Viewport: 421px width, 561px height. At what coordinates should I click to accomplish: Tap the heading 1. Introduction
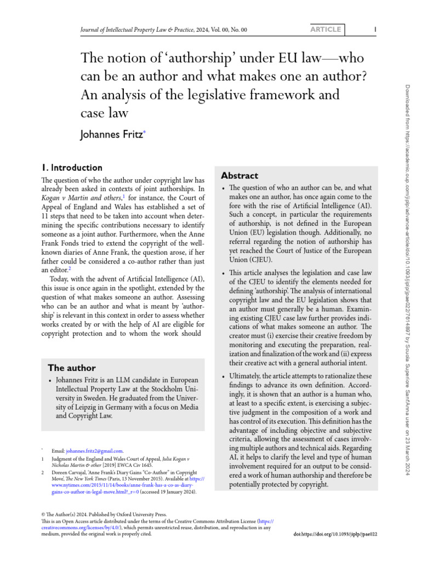pos(72,168)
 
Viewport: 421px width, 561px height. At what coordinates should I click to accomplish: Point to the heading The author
pos(72,368)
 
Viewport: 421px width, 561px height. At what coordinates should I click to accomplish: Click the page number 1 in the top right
pos(374,29)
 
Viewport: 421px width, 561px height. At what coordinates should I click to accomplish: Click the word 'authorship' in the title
pos(194,58)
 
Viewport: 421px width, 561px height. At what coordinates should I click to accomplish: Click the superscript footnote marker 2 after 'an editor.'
pos(69,268)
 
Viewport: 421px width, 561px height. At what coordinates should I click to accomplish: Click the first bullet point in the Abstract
pos(223,188)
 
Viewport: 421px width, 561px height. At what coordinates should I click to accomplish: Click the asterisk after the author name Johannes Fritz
pos(145,130)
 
